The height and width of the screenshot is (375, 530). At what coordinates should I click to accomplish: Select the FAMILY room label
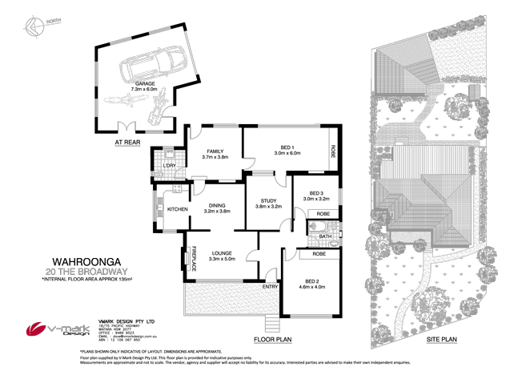pos(214,151)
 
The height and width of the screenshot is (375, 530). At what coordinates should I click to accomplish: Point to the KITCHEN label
pos(176,209)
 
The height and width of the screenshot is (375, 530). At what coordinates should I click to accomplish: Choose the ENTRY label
pos(269,286)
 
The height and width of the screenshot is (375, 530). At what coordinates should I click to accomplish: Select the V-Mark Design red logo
pos(36,329)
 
